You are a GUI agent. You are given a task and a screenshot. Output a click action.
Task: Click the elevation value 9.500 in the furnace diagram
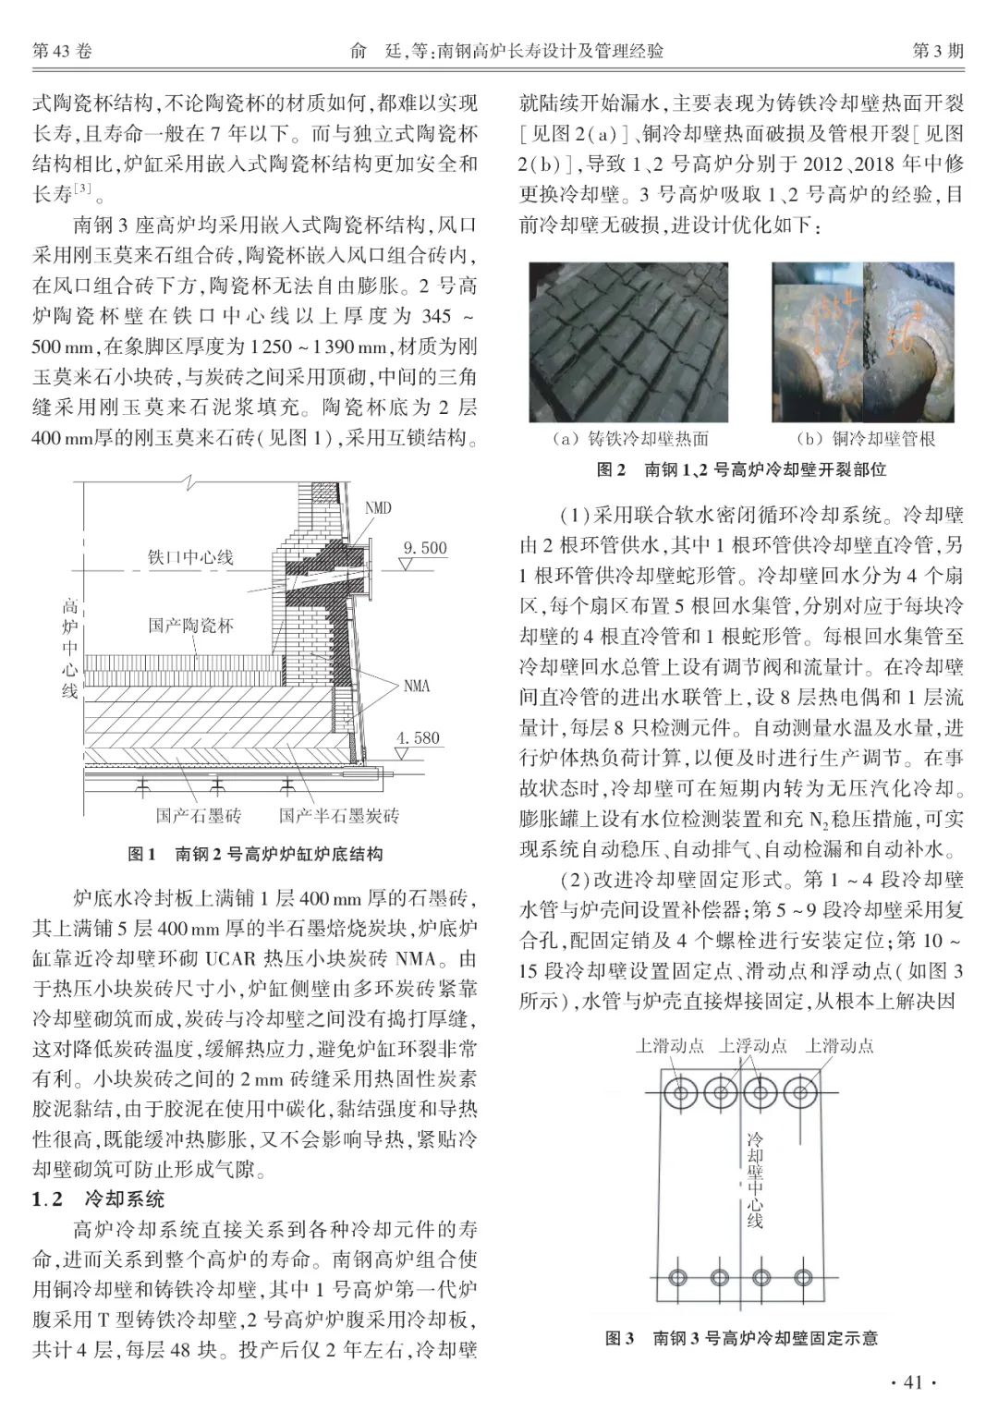[425, 548]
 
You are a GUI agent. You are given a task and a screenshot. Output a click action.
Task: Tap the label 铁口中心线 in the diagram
[191, 557]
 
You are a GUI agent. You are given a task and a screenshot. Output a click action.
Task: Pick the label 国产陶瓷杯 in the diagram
[191, 626]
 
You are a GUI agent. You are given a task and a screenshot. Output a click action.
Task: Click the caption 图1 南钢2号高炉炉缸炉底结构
[255, 854]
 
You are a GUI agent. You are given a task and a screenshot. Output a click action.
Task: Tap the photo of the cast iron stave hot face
[628, 341]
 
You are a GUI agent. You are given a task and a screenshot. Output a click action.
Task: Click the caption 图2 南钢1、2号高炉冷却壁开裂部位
[741, 470]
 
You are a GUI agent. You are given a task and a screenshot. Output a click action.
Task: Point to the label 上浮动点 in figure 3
[753, 1046]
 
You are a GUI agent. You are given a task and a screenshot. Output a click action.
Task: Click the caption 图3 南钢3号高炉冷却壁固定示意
[741, 1337]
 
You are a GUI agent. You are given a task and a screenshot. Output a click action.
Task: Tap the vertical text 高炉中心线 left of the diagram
[69, 649]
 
